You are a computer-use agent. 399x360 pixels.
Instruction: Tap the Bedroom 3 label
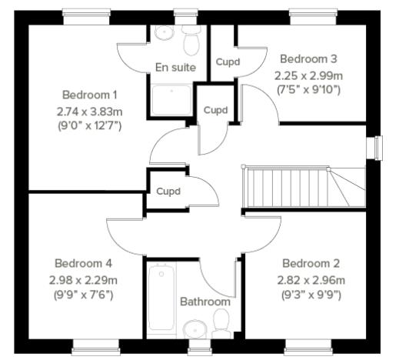[x=308, y=58]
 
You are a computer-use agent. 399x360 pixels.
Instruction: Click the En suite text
[x=175, y=68]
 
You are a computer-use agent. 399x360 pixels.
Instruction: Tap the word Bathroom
[x=204, y=302]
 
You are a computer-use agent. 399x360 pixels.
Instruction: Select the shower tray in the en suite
[x=173, y=101]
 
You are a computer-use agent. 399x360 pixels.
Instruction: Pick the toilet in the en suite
[x=191, y=36]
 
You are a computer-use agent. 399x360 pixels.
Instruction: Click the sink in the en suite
[x=163, y=33]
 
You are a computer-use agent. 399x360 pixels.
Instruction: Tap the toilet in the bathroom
[x=222, y=323]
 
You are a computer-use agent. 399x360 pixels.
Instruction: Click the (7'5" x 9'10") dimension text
[x=308, y=90]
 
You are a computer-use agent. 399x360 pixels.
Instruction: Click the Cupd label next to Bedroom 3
[x=227, y=62]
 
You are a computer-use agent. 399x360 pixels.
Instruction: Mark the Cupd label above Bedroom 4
[x=168, y=191]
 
